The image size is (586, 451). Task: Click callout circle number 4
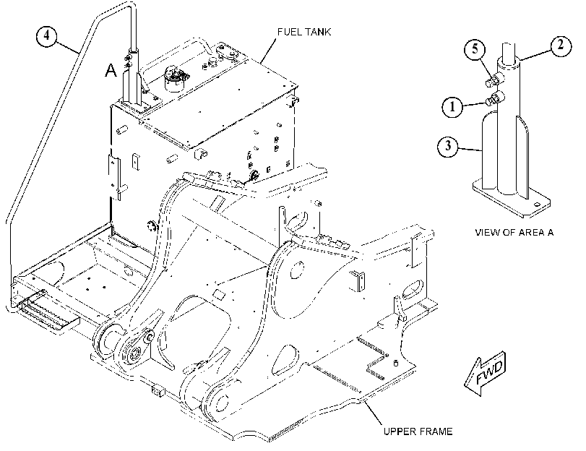[47, 36]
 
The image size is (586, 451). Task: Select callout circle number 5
[475, 49]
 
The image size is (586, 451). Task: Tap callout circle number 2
[561, 46]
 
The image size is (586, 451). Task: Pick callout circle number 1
[452, 107]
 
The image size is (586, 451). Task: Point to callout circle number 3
[448, 146]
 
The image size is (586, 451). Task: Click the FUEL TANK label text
[304, 32]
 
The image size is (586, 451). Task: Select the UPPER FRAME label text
[418, 431]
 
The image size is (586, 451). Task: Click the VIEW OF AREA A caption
[514, 233]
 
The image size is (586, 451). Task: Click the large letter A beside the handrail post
[111, 70]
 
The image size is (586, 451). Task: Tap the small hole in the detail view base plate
[537, 205]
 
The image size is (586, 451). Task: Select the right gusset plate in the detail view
[522, 158]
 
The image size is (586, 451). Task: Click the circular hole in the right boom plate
[298, 270]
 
